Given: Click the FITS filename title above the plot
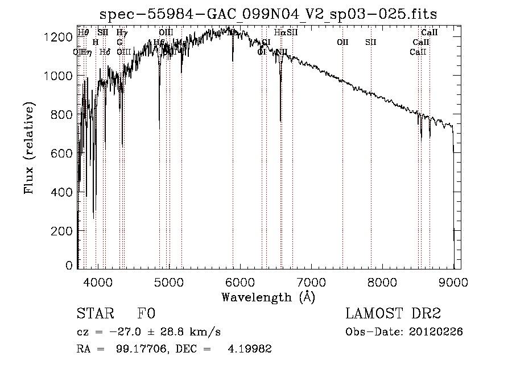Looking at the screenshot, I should (x=269, y=14).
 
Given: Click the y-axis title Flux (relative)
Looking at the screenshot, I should (x=29, y=148).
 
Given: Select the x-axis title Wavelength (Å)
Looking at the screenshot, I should (x=268, y=296).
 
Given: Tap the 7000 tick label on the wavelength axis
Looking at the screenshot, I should (x=311, y=281).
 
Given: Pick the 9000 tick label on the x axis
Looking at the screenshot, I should (x=453, y=281).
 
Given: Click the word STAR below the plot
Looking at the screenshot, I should (x=94, y=313).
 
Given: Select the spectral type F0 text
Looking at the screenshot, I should (x=146, y=313).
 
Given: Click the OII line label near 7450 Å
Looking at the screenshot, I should (x=342, y=42).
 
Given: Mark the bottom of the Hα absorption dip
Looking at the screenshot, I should (x=280, y=121).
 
